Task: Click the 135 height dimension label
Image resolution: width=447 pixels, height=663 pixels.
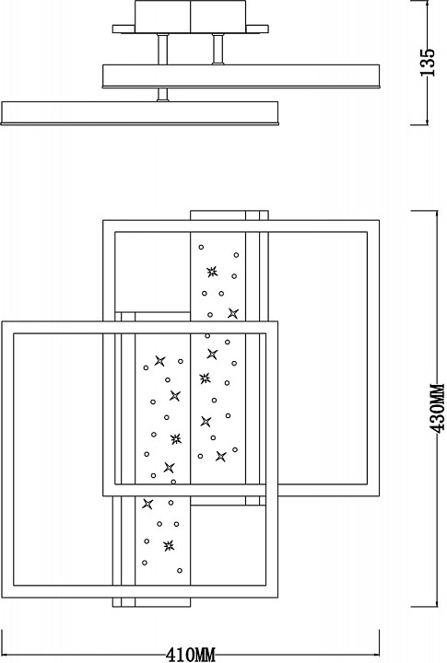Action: (428, 63)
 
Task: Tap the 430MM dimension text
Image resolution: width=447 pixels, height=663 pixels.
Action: (437, 408)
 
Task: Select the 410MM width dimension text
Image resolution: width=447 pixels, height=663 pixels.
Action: (191, 655)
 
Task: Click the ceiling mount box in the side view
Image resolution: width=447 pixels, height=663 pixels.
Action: (191, 17)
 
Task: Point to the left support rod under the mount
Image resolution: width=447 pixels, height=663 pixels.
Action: (162, 49)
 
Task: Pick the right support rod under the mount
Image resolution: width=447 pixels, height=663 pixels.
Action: (218, 49)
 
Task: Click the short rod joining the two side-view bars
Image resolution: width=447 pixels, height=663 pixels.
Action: (162, 95)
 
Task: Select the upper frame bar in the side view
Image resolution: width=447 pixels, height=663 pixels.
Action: (241, 76)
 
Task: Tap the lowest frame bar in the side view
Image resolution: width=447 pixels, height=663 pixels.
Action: (140, 113)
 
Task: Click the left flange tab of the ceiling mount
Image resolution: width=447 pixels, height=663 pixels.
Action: (124, 29)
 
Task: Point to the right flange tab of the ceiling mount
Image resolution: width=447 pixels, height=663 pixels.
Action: (257, 29)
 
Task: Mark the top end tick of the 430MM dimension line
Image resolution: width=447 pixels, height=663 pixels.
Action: (424, 210)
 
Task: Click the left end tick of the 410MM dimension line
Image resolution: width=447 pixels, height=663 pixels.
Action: (3, 641)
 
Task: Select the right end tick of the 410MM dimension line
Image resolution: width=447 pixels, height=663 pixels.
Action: (379, 641)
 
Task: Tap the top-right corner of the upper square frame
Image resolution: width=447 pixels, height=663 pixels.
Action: (379, 220)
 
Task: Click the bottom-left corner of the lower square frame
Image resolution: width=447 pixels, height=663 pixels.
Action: (2, 597)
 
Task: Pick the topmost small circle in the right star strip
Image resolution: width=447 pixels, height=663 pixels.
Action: (201, 247)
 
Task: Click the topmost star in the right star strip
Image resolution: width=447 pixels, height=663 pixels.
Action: (212, 272)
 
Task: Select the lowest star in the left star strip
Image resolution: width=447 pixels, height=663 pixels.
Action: (169, 545)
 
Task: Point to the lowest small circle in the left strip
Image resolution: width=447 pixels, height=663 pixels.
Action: (180, 570)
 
